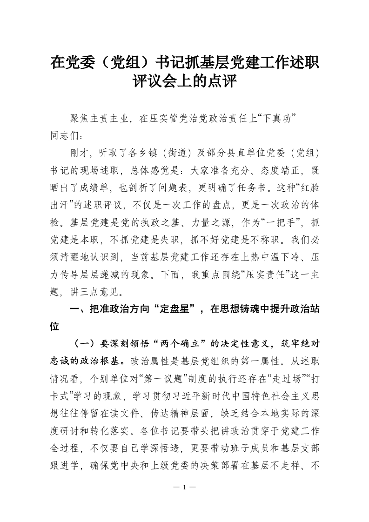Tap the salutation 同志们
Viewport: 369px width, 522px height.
pos(65,136)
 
